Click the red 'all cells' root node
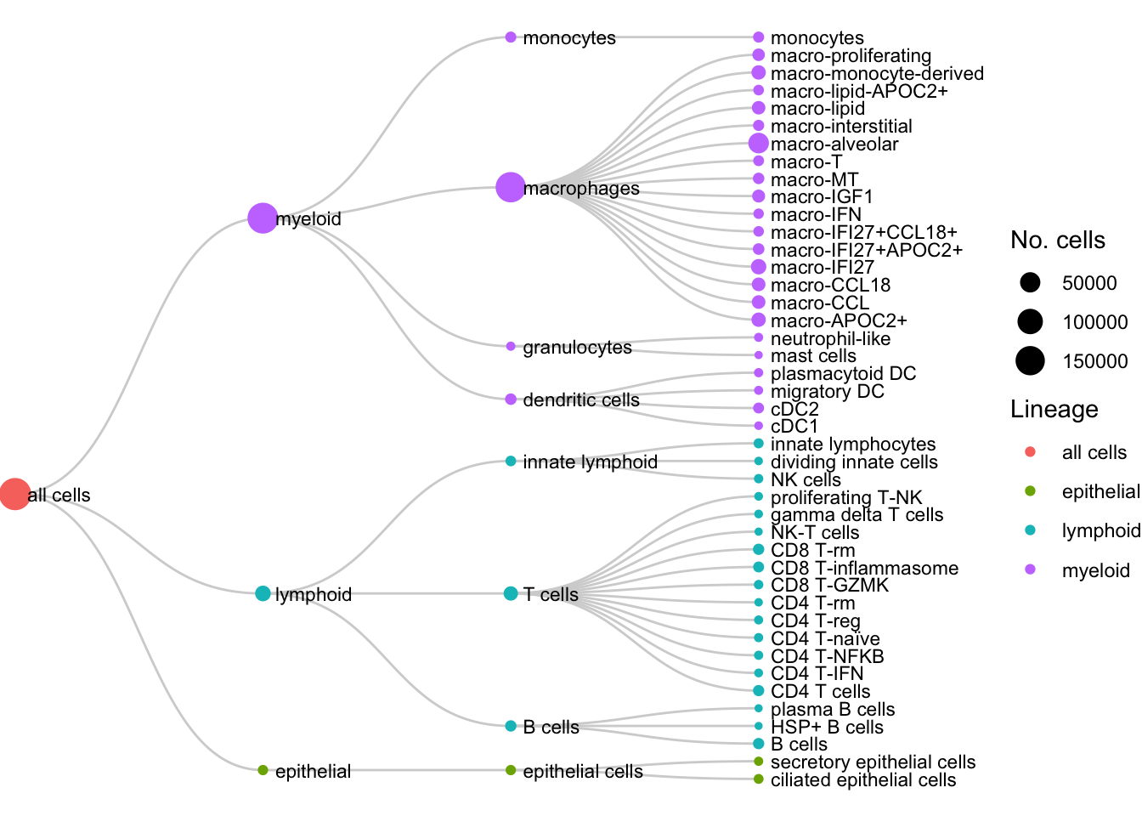pos(14,494)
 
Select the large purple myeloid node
pos(263,218)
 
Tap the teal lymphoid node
pos(263,593)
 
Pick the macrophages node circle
pos(510,187)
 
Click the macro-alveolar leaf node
pos(759,144)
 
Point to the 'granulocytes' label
pos(577,348)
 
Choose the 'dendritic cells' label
pos(580,400)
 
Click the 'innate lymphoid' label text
pos(590,462)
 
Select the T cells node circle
pos(511,593)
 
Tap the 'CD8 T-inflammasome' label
pos(864,569)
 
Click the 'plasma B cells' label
pos(832,710)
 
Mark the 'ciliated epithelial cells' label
pos(862,780)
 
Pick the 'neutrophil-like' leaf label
pos(830,339)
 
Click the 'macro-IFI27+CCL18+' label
pos(863,233)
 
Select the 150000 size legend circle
pos(1030,360)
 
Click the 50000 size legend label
pos(1089,284)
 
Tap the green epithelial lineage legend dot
pos(1030,491)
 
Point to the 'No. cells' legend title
pos(1057,241)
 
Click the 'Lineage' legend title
pos(1054,410)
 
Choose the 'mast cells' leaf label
pos(813,356)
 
